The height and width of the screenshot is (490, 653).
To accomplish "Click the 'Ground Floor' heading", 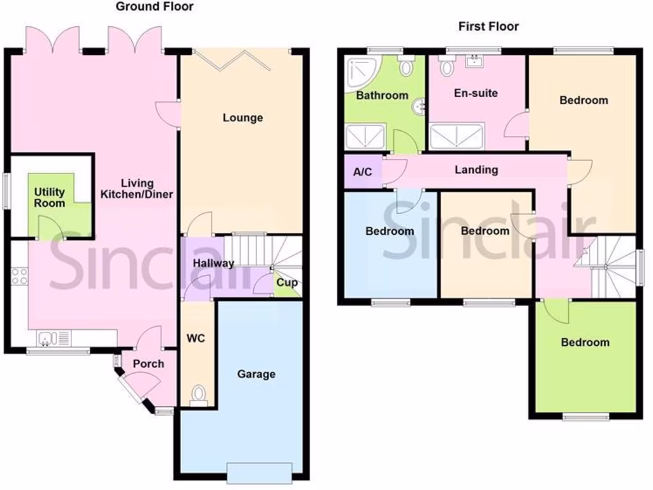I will pos(154,7).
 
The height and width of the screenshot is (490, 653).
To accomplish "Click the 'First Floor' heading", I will pos(488,26).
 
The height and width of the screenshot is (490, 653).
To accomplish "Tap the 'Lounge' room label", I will pos(242,118).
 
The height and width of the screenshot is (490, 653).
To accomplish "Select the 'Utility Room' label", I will pos(50,197).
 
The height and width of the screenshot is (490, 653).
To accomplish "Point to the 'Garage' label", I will pos(256,374).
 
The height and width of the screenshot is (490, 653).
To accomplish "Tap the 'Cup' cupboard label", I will pos(287,283).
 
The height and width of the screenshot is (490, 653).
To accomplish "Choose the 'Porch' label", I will pos(148,364).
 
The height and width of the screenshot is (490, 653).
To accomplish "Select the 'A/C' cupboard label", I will pos(362,172).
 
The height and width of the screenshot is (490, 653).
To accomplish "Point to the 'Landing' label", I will pos(476,170).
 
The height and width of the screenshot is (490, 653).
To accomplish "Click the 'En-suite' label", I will pos(476,93).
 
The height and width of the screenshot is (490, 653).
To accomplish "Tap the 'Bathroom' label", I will pos(382,96).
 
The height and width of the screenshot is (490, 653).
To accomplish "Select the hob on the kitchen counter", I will pos(20,276).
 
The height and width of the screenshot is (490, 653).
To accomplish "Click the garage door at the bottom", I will pos(260,472).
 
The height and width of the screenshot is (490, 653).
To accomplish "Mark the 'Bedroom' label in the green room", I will pos(585,343).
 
